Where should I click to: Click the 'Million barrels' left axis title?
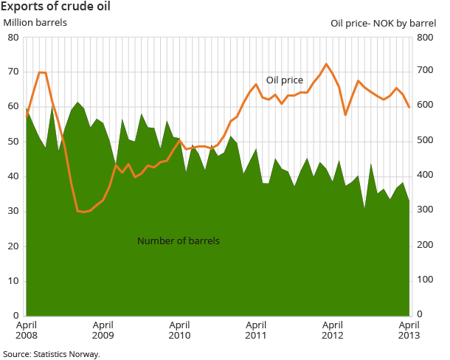[x=35, y=22]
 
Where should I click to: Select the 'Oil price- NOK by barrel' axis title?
[x=384, y=23]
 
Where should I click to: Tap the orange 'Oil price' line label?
[x=285, y=80]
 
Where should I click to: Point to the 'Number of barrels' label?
[x=179, y=240]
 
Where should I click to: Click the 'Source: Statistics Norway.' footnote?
[x=51, y=354]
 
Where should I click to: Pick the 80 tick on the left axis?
[x=13, y=37]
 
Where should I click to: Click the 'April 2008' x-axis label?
[x=27, y=329]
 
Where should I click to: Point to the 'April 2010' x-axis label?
[x=179, y=329]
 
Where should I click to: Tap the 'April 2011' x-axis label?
[x=255, y=329]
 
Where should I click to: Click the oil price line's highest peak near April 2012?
[x=326, y=64]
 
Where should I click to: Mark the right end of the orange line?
[x=409, y=108]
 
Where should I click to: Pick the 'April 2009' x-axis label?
[x=103, y=329]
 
